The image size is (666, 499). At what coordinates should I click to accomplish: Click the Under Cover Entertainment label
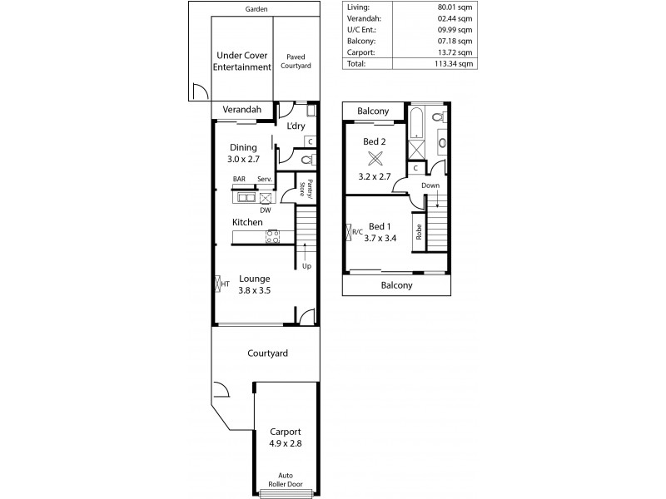coord(241,61)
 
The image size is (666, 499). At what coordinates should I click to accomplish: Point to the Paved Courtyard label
coord(297,61)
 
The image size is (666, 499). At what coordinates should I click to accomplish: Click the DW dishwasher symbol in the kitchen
coord(266,199)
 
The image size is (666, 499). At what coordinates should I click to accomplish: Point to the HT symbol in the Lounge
coord(220,284)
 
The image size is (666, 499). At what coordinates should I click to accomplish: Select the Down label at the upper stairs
coord(430,185)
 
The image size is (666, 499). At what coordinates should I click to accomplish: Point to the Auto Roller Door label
coord(286,480)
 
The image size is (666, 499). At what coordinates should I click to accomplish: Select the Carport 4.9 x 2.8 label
coord(286,437)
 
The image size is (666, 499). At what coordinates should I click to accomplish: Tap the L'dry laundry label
coord(296,126)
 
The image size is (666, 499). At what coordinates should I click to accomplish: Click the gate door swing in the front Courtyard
coord(221,389)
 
